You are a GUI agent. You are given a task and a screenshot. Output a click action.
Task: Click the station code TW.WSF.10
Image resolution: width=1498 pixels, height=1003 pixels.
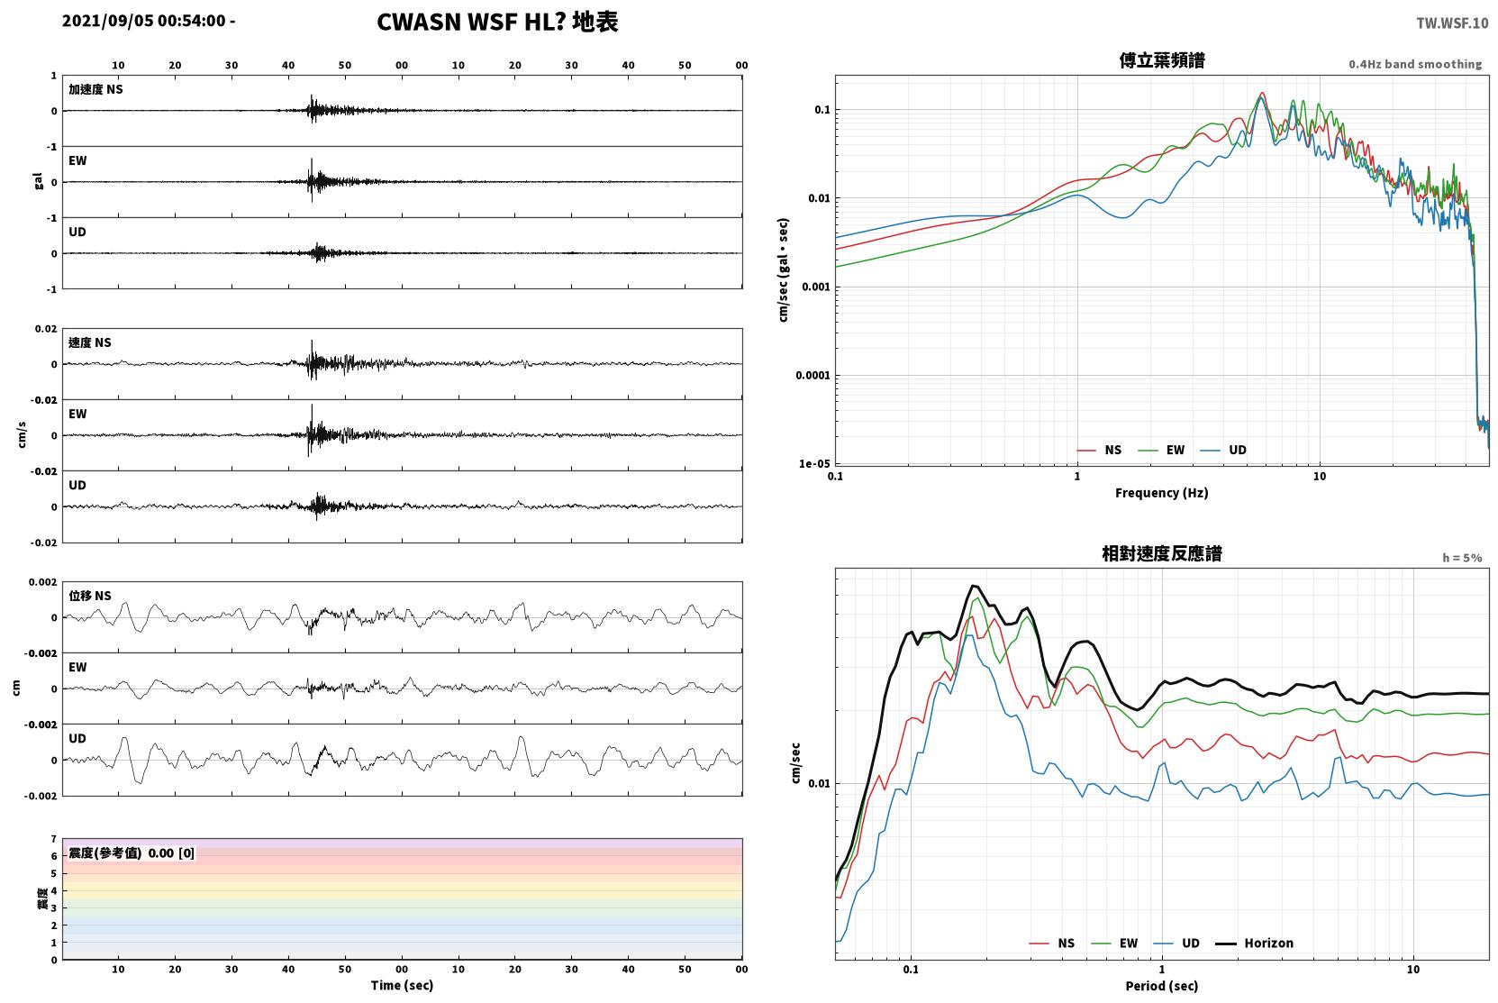(1452, 23)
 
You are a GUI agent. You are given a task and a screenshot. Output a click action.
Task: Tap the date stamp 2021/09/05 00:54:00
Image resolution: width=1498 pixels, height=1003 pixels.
(144, 21)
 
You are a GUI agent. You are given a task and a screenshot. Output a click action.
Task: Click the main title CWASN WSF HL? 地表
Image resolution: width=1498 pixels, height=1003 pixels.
(497, 23)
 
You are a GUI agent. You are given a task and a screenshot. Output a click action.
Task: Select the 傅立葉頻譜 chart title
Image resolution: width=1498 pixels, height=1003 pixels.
(1162, 61)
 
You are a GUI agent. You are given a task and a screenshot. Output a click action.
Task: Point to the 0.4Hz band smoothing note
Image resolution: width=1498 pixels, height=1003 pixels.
(1415, 64)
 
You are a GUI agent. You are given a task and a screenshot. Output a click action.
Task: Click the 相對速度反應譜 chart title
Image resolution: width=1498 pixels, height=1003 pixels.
(1162, 554)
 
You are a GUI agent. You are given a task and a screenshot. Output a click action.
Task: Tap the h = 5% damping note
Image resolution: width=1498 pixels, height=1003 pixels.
(1462, 558)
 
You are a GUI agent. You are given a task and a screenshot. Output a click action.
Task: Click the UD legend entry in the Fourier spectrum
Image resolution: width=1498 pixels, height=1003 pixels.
(1223, 450)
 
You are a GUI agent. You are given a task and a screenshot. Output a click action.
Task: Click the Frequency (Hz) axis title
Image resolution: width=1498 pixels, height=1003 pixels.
(1162, 493)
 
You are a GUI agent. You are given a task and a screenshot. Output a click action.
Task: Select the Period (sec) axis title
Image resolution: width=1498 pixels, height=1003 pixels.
(1162, 986)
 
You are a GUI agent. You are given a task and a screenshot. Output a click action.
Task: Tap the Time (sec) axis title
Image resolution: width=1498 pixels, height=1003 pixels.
(402, 985)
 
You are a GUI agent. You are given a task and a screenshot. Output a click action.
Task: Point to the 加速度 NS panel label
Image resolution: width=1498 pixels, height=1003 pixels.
(95, 89)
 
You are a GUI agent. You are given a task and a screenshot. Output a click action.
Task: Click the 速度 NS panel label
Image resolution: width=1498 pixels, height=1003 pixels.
(89, 342)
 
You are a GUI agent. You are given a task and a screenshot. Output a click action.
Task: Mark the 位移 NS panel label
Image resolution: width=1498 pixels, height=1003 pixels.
(89, 596)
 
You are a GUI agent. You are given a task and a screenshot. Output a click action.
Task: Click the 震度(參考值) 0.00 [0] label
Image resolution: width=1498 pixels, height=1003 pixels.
(132, 853)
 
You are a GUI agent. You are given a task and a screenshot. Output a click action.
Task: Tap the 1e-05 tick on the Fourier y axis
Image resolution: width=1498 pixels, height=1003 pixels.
(814, 464)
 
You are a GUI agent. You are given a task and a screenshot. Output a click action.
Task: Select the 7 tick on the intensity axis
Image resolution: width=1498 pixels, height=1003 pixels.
(53, 839)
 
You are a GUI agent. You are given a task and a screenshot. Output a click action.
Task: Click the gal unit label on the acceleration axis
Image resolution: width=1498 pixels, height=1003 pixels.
(38, 181)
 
